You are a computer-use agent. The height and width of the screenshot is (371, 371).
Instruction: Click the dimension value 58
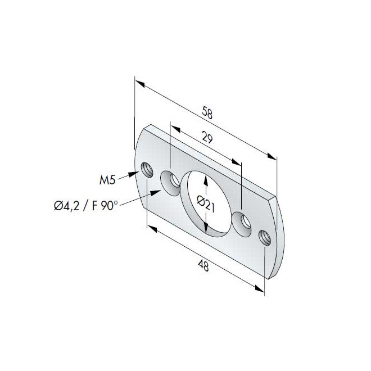pos(207,112)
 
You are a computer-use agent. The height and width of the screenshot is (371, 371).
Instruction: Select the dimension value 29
pos(206,139)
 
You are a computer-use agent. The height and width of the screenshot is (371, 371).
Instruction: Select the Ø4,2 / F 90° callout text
pos(86,206)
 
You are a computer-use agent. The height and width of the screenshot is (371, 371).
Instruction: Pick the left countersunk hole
pos(170,182)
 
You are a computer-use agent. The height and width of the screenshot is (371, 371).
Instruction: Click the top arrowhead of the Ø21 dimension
pos(206,178)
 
